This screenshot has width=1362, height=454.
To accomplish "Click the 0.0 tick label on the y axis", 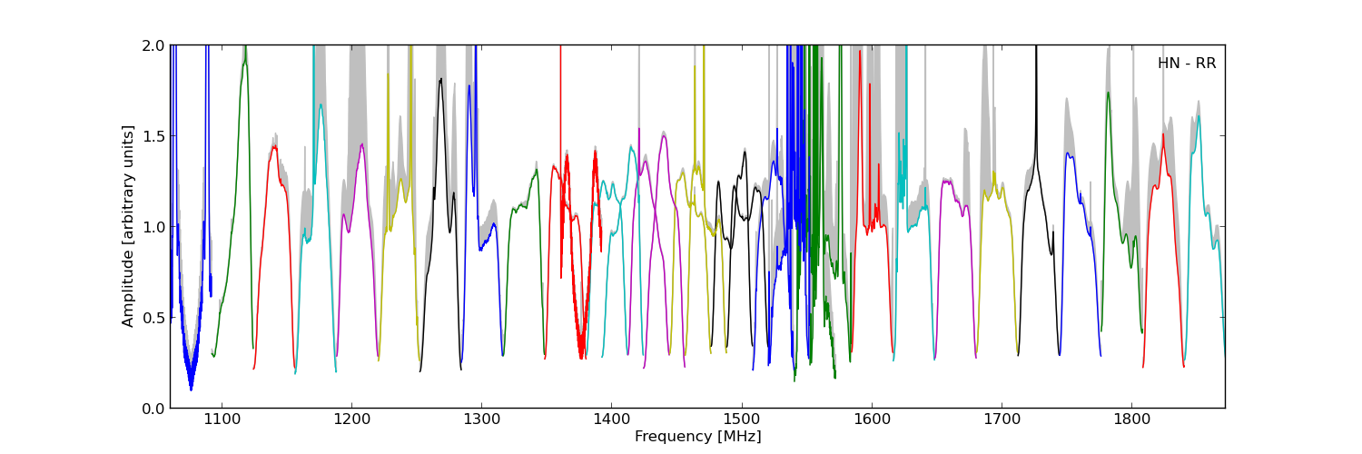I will coord(153,409).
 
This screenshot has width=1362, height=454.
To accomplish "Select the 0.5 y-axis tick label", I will coord(153,318).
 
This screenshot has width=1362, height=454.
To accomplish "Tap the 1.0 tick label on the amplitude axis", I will coord(153,227).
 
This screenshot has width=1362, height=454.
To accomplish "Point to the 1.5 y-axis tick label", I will coord(153,136).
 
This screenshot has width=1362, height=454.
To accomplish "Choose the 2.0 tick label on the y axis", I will coord(153,45).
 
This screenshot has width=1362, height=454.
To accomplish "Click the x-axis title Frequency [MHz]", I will coord(697,437).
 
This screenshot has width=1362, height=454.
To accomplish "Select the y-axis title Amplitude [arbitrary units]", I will coord(128,226).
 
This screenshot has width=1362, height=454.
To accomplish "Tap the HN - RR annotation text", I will coord(1186,64).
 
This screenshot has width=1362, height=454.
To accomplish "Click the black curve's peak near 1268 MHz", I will coord(440,79).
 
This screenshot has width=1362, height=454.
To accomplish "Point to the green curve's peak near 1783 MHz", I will coord(1108,92).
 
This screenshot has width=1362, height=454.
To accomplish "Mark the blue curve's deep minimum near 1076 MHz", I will coord(191,389).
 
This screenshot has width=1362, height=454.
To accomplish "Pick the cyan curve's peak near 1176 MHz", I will coord(321,104).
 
